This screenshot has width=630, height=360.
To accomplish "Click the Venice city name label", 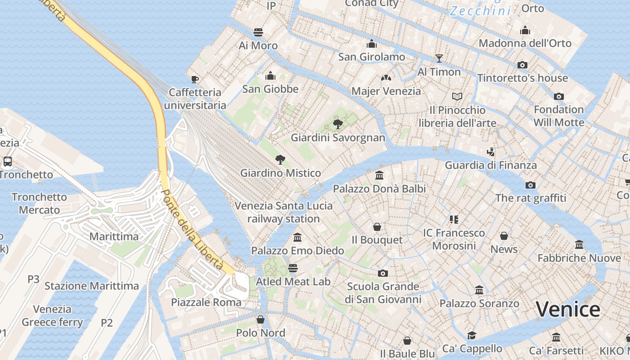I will tap(568, 310).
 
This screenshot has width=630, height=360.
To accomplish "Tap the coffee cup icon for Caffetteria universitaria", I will tap(195, 79).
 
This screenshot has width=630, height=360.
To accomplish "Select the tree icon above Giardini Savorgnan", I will tap(337, 124).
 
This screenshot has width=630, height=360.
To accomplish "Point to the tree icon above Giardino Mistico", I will tap(280, 159).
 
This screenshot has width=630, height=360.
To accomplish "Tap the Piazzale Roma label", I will tap(206, 302).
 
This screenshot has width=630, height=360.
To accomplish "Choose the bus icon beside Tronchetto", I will tap(8, 161).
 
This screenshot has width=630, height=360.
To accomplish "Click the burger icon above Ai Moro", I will tap(258, 32).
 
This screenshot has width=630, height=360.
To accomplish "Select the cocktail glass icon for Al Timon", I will tap(439, 58).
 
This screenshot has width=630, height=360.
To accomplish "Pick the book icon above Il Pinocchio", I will tap(457, 96).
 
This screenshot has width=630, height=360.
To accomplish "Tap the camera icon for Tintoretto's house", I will tap(522, 65).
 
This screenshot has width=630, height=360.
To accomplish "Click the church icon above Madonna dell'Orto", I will tap(525, 30).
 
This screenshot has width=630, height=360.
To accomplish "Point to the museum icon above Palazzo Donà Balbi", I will tap(379, 175).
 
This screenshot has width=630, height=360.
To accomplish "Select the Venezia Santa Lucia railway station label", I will tap(283, 212).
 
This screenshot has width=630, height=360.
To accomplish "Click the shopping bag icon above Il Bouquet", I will tap(377, 227).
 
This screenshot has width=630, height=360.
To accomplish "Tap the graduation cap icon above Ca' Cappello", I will tap(472, 335).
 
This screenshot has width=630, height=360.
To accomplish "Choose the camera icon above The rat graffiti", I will tap(531, 185).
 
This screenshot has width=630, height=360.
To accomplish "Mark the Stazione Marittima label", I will tap(92, 286).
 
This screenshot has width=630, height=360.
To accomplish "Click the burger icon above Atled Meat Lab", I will tap(293, 268).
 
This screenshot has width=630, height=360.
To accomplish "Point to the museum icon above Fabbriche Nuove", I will tap(579, 244).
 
